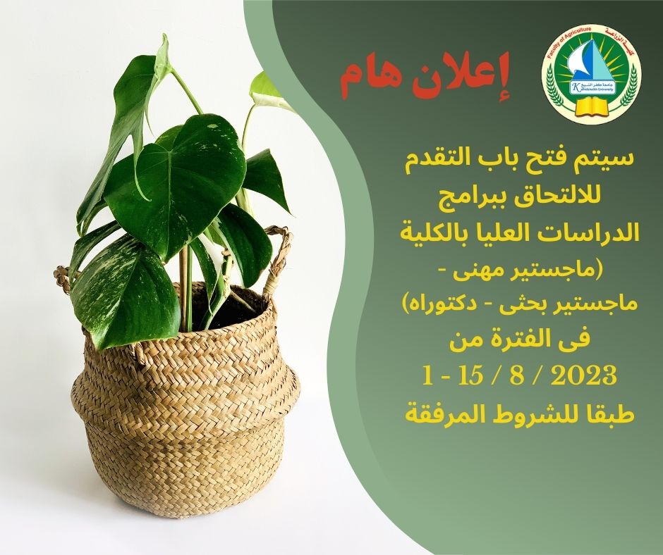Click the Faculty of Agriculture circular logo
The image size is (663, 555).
tap(591, 77)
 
